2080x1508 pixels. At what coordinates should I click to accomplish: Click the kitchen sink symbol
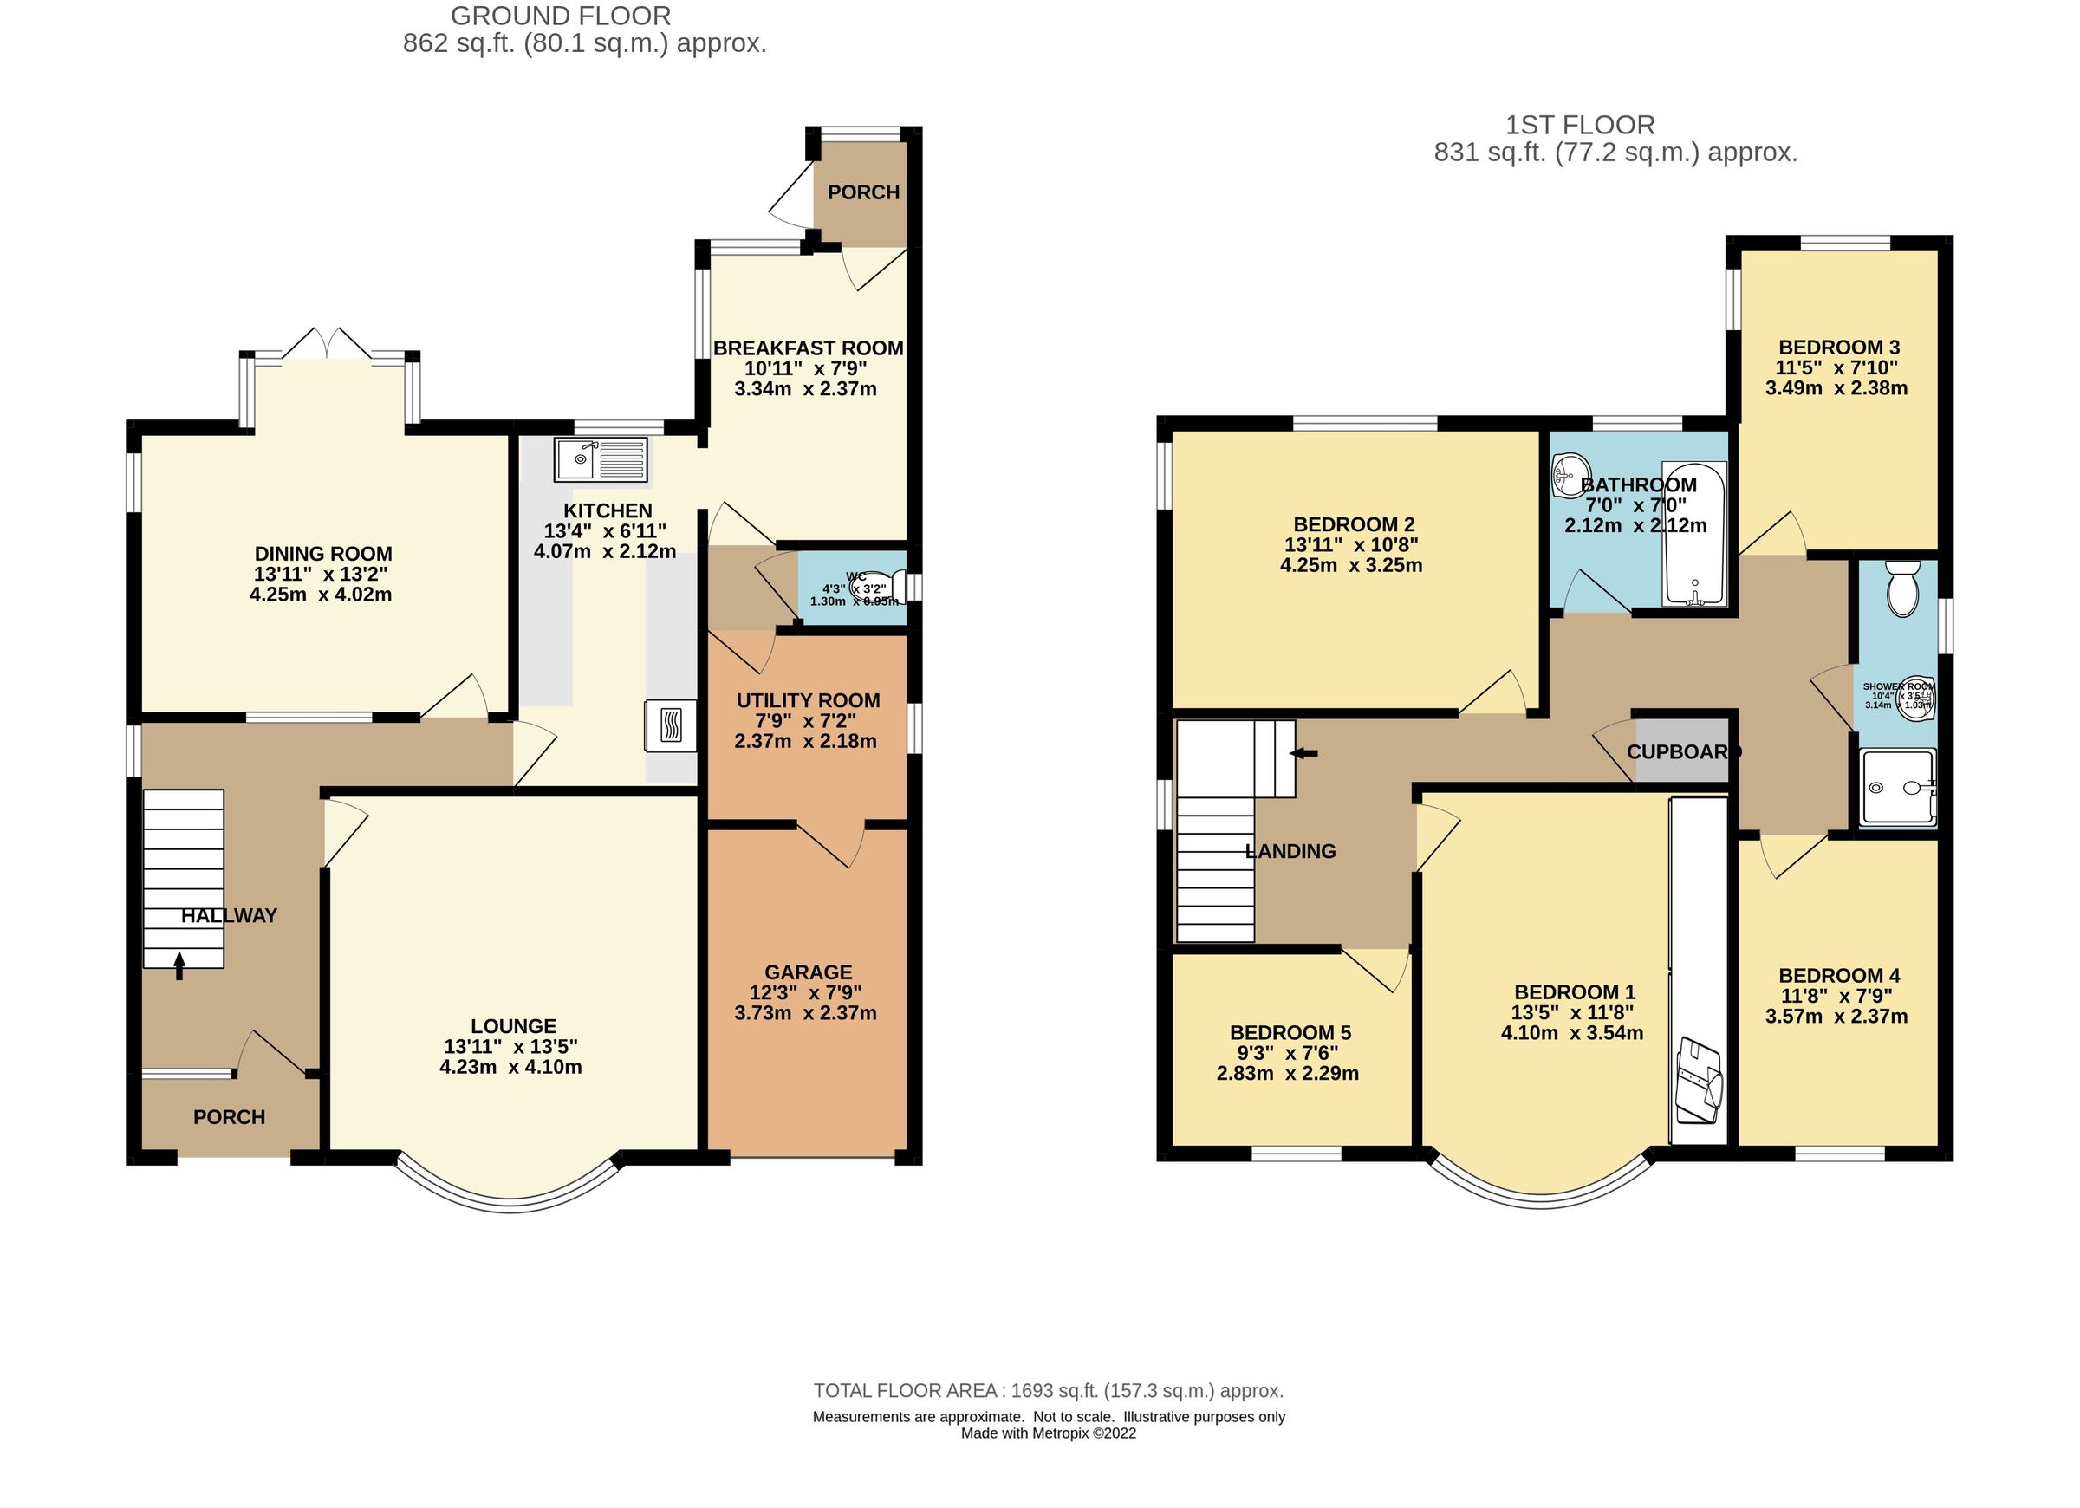pos(600,459)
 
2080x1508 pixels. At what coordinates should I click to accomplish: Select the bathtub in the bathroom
pos(1695,534)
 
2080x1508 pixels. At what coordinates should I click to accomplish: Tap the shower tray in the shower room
pos(1897,788)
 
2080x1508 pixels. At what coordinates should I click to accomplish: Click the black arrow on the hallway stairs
pos(179,965)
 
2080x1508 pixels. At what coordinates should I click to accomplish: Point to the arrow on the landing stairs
pos(1303,753)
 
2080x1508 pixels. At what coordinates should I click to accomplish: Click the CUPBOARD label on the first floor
pos(1684,752)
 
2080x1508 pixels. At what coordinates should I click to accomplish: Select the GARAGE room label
pos(808,972)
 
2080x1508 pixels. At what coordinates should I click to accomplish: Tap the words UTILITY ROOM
pos(808,701)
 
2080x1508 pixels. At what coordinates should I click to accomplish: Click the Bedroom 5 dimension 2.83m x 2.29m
pos(1288,1073)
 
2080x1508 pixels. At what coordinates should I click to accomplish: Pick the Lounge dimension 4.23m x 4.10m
pos(510,1067)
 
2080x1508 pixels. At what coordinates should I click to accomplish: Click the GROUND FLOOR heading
pos(561,16)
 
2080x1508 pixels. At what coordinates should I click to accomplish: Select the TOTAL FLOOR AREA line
pos(1049,1391)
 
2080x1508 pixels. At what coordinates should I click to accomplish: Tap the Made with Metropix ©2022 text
pos(1049,1433)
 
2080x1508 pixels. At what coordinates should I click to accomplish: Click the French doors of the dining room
pos(328,345)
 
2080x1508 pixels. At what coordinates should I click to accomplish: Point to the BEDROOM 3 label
pos(1839,348)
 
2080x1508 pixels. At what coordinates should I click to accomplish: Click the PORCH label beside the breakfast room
pos(863,192)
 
